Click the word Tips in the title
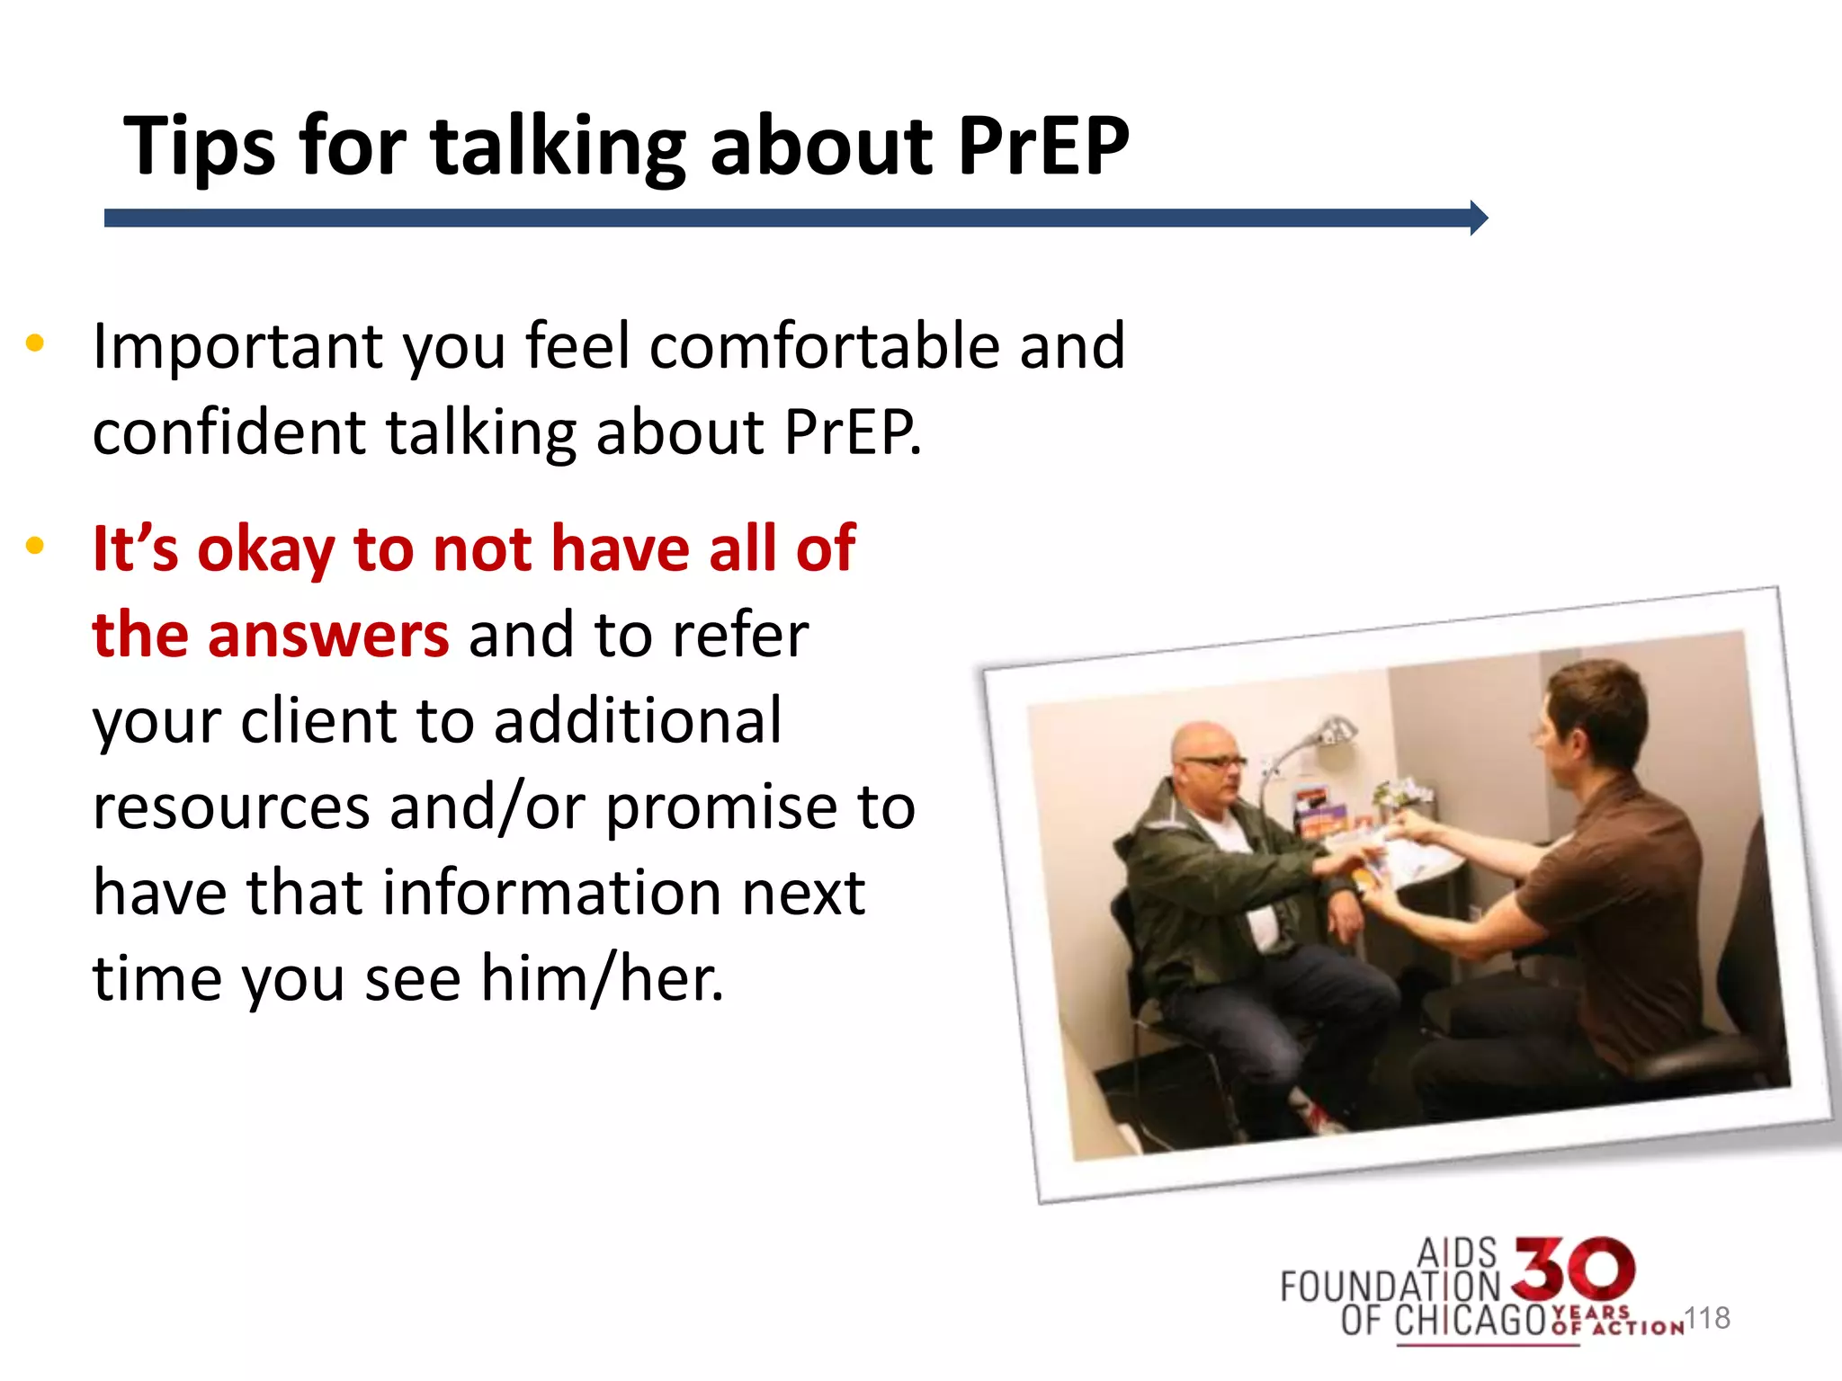199,147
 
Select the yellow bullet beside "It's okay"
35,546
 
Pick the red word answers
328,635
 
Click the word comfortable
824,346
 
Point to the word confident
229,432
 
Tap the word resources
231,806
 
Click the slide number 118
1706,1318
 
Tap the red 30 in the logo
1573,1269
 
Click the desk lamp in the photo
1322,733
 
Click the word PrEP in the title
1042,147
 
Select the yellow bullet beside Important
35,343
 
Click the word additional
638,721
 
